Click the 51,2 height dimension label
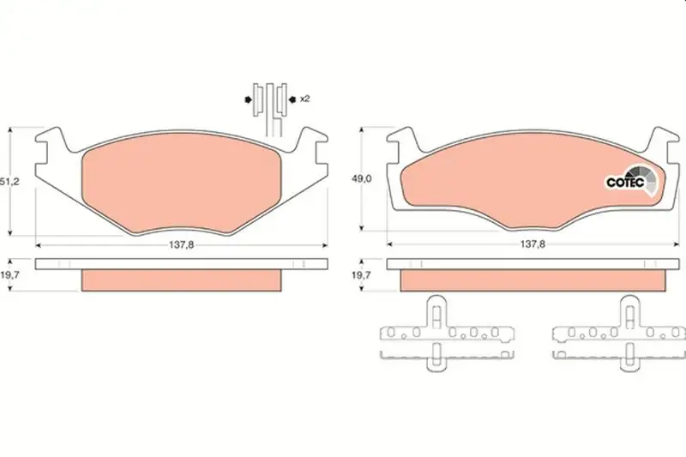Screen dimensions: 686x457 (x=9, y=182)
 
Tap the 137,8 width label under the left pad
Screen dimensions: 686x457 (x=181, y=245)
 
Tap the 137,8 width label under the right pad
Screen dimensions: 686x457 (x=533, y=244)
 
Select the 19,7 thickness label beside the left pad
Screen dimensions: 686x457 (x=9, y=274)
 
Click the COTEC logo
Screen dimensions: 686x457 (x=632, y=180)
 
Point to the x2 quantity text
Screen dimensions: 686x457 (x=305, y=99)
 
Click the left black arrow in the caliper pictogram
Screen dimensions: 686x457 (x=248, y=99)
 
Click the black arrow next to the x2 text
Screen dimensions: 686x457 (x=292, y=99)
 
